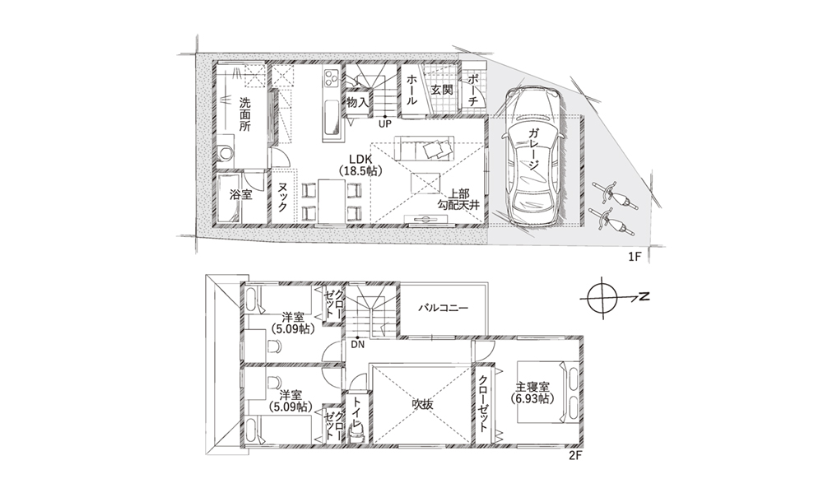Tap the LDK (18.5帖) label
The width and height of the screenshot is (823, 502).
[x=360, y=165]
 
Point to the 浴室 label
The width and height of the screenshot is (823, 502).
[x=241, y=195]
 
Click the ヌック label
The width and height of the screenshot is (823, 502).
[x=282, y=197]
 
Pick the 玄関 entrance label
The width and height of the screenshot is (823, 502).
[x=442, y=89]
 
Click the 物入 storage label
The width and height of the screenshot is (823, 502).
[x=357, y=103]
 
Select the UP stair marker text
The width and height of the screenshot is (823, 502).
[x=385, y=124]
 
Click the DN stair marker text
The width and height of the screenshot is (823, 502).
[x=357, y=345]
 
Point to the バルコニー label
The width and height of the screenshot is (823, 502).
[x=443, y=308]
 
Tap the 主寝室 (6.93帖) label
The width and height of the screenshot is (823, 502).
[x=532, y=393]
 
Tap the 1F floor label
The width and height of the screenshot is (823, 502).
[x=635, y=257]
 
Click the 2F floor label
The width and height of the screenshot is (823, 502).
[x=576, y=456]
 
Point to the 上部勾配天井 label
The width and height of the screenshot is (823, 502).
[x=458, y=199]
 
